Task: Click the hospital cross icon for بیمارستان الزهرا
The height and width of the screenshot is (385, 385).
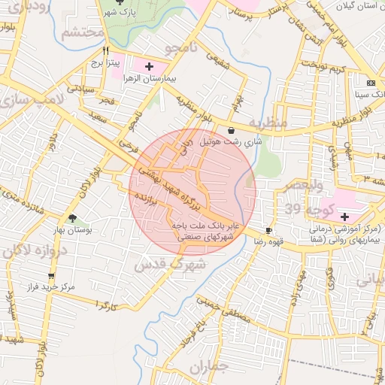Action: pos(149,66)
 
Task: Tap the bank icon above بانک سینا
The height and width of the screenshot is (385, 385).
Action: pos(370,82)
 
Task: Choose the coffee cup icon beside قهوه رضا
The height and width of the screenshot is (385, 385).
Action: pos(269,230)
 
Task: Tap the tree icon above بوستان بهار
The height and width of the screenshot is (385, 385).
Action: pos(72,217)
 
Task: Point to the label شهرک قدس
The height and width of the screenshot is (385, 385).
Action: pos(170,265)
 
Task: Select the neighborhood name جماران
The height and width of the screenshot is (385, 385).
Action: pos(209,368)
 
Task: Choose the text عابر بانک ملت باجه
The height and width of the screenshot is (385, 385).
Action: pos(205,225)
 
